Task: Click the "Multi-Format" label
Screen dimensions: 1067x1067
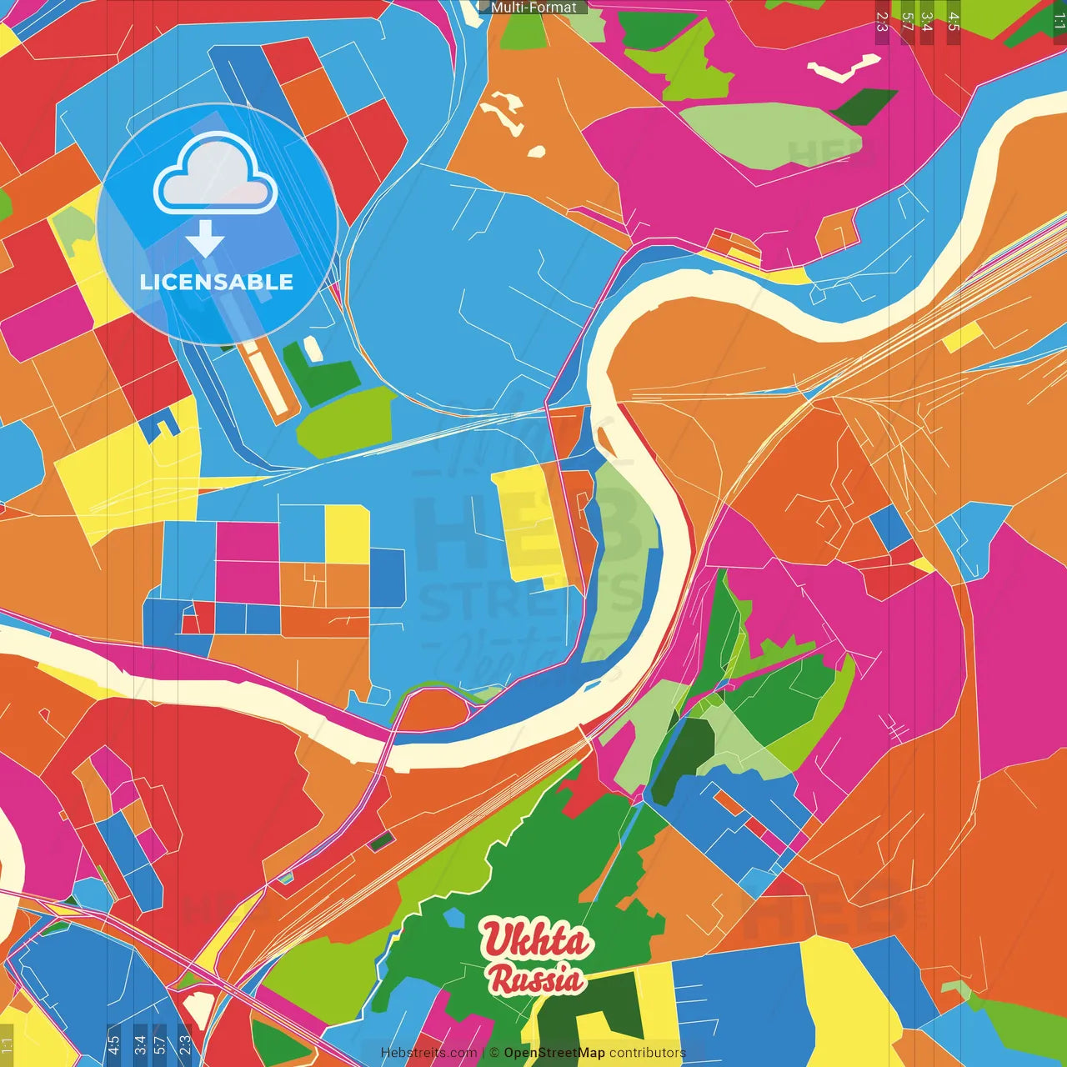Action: [533, 8]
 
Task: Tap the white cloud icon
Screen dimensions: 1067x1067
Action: [215, 177]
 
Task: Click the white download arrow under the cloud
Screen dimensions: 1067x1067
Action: [205, 238]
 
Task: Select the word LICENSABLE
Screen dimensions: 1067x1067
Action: [217, 282]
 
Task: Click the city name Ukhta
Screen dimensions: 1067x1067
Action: [537, 940]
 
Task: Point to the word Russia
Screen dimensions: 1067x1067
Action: [535, 979]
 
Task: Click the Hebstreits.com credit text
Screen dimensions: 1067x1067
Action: [428, 1053]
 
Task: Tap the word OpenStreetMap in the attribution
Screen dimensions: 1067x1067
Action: [554, 1053]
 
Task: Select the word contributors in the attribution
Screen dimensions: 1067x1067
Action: [647, 1053]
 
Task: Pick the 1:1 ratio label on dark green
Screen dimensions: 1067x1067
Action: [1059, 20]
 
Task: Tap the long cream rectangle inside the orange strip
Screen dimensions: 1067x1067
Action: [268, 379]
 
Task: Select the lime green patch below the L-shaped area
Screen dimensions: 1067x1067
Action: [346, 422]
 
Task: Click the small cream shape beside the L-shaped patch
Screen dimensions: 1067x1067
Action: [313, 349]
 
